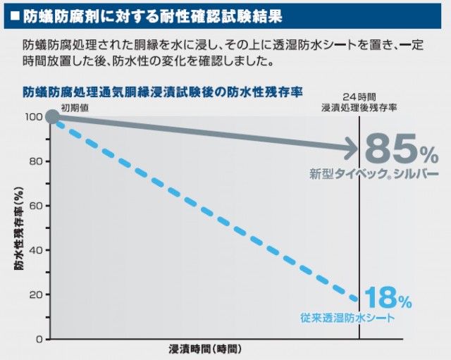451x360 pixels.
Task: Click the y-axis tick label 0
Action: (x=39, y=339)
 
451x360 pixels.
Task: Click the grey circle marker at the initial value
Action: (x=52, y=116)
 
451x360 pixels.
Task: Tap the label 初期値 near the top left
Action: (x=74, y=106)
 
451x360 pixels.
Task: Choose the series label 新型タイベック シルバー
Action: (x=373, y=173)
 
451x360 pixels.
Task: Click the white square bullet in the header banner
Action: (x=14, y=14)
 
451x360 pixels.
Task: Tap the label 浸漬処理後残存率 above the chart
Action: (x=359, y=106)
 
